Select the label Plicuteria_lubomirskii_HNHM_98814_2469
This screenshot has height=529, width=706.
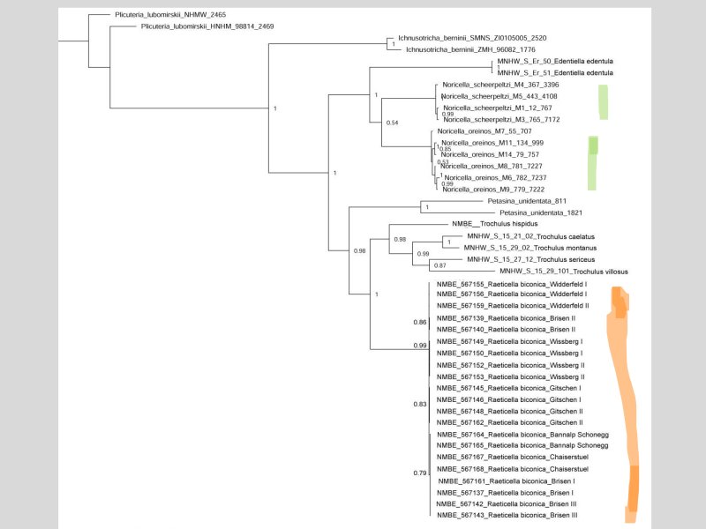click(207, 26)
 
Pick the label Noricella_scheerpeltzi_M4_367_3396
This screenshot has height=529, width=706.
click(500, 85)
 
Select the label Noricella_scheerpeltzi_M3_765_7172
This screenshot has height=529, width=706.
click(500, 119)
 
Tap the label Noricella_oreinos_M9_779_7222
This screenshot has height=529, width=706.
click(493, 190)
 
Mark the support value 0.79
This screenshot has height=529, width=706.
click(420, 473)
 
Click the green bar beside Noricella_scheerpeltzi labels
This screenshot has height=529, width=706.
click(605, 102)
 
